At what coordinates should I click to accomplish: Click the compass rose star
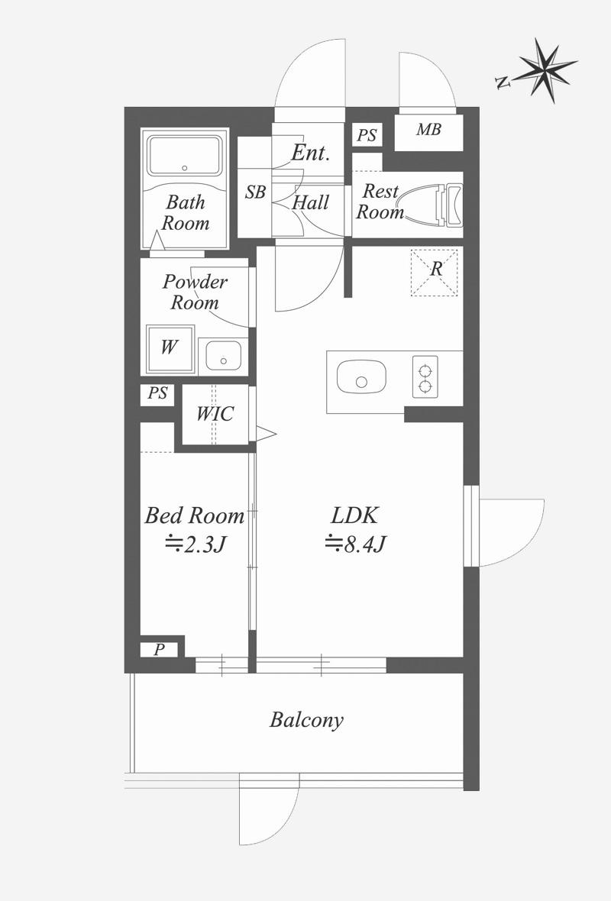pyautogui.click(x=544, y=69)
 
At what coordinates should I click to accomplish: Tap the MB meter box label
pyautogui.click(x=428, y=129)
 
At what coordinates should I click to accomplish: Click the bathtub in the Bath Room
pyautogui.click(x=185, y=157)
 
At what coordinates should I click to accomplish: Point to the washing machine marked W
pyautogui.click(x=170, y=349)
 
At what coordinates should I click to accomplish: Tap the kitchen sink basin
pyautogui.click(x=361, y=377)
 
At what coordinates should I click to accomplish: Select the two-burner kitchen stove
pyautogui.click(x=425, y=377)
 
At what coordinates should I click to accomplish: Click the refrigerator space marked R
pyautogui.click(x=435, y=273)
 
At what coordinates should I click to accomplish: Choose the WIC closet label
pyautogui.click(x=215, y=414)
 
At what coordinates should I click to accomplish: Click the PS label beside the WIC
pyautogui.click(x=157, y=393)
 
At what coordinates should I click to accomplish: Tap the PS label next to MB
pyautogui.click(x=367, y=135)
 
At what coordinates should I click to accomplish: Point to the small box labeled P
pyautogui.click(x=159, y=650)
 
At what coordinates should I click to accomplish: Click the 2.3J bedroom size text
pyautogui.click(x=194, y=543)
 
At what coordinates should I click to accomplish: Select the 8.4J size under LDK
pyautogui.click(x=355, y=543)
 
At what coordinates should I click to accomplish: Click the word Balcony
pyautogui.click(x=307, y=720)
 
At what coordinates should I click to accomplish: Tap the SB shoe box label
pyautogui.click(x=255, y=192)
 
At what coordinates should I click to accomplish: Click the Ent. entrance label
pyautogui.click(x=310, y=153)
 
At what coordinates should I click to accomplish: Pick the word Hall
pyautogui.click(x=311, y=202)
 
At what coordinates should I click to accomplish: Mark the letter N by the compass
pyautogui.click(x=503, y=83)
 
